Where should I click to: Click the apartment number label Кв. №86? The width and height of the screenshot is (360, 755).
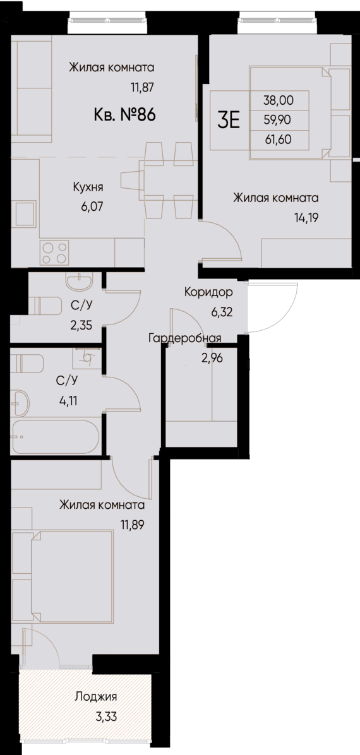tap(124, 115)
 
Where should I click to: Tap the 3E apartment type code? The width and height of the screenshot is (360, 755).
tap(228, 119)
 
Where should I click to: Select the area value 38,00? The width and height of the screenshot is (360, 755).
tap(278, 99)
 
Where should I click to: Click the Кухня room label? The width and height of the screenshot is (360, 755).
tap(87, 187)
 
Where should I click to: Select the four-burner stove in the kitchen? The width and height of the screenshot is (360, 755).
tap(55, 253)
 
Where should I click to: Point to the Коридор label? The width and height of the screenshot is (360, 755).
tap(208, 292)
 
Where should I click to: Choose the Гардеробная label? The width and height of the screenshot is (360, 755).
tap(184, 338)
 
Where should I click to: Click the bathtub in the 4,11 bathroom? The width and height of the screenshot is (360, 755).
tap(55, 436)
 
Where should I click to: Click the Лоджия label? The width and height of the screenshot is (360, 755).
tap(96, 697)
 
